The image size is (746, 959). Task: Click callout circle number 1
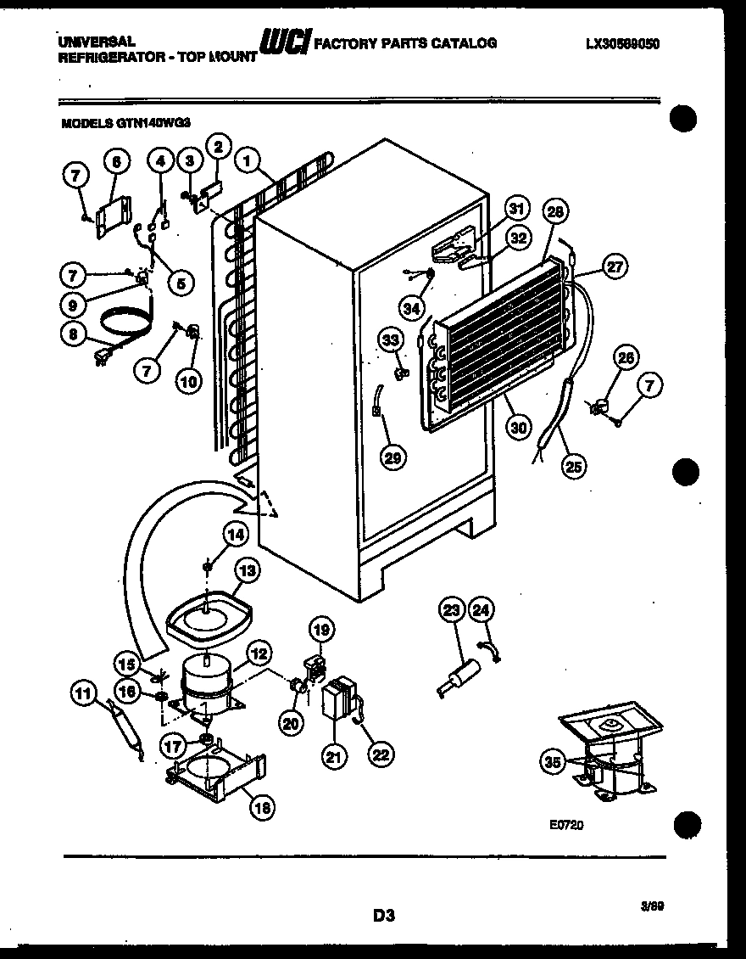248,158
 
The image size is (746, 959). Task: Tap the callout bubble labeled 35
553,761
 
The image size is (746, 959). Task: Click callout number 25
573,464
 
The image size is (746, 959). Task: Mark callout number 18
262,809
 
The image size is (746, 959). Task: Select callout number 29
392,457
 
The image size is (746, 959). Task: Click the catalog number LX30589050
622,43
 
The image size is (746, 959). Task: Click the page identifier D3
383,915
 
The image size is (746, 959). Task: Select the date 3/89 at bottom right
652,906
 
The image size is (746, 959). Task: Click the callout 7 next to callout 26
649,387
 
